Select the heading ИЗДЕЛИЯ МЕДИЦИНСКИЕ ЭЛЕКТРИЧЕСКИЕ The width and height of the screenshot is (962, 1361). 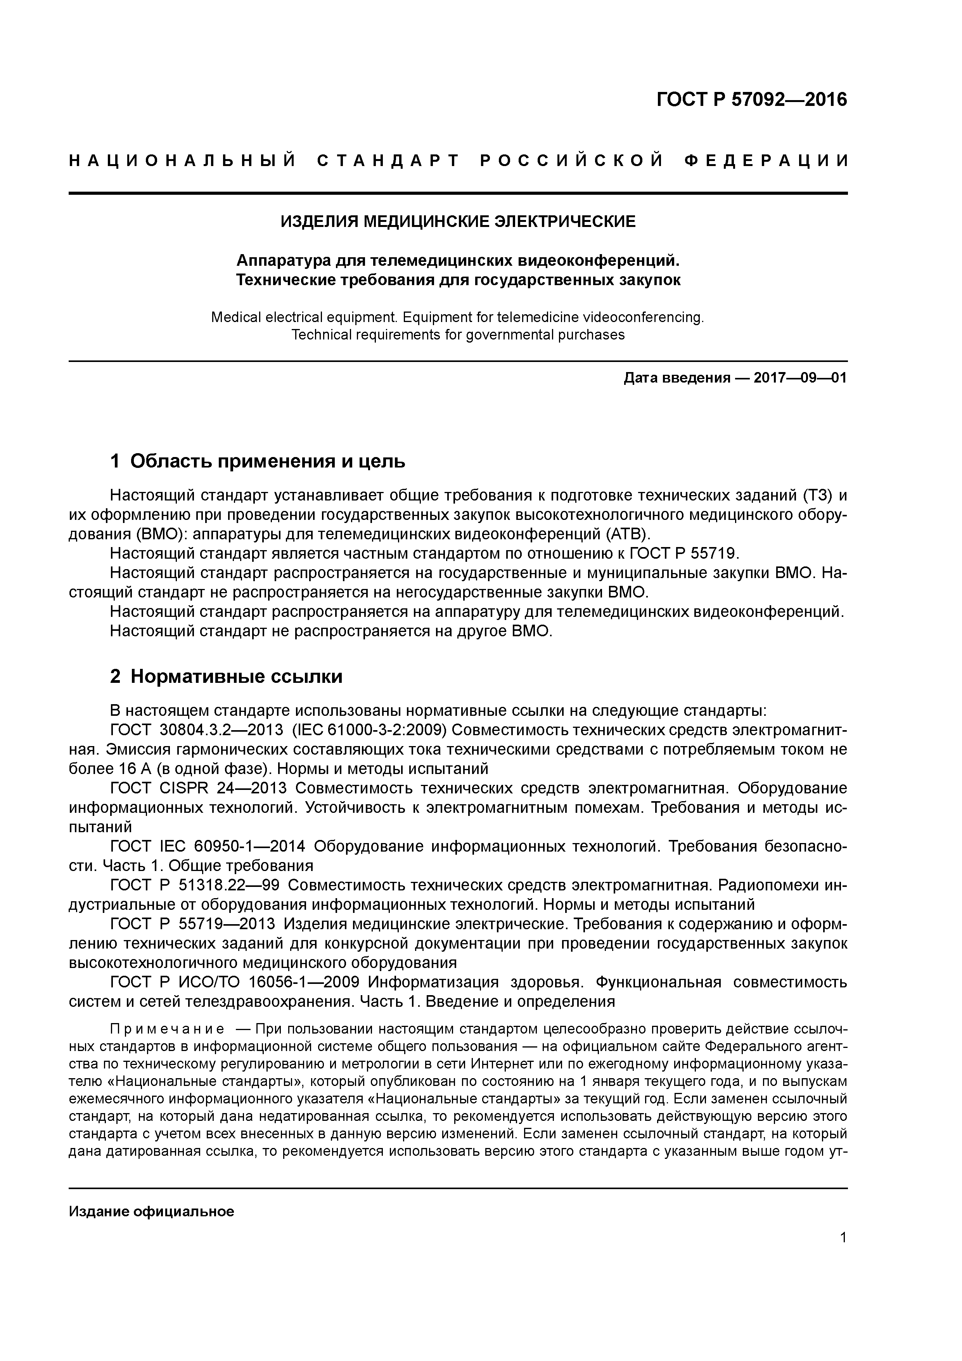(x=458, y=222)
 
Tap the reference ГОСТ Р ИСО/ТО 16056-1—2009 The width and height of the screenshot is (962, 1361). (x=235, y=982)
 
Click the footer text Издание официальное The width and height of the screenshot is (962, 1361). (x=151, y=1211)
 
